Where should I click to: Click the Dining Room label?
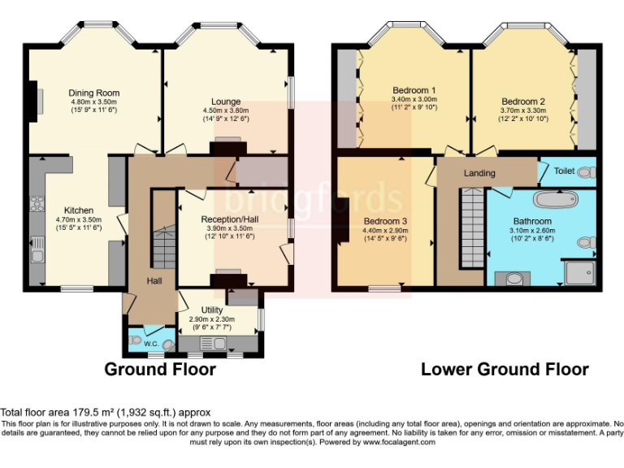pyautogui.click(x=94, y=93)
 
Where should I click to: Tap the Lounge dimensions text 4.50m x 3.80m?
pyautogui.click(x=226, y=110)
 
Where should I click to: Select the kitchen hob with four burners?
pyautogui.click(x=37, y=204)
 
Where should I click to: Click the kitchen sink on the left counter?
pyautogui.click(x=37, y=249)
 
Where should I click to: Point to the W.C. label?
pyautogui.click(x=151, y=344)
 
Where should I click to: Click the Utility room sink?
pyautogui.click(x=213, y=343)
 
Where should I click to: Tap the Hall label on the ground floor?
pyautogui.click(x=154, y=281)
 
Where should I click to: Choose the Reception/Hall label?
pyautogui.click(x=230, y=219)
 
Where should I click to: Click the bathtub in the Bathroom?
pyautogui.click(x=555, y=199)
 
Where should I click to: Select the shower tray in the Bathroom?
pyautogui.click(x=580, y=273)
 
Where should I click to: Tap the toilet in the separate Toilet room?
pyautogui.click(x=587, y=172)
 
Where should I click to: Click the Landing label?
pyautogui.click(x=479, y=173)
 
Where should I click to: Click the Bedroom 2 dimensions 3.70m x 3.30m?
pyautogui.click(x=523, y=110)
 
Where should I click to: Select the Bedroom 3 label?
pyautogui.click(x=385, y=221)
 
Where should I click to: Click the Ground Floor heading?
pyautogui.click(x=160, y=370)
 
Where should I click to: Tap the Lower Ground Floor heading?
pyautogui.click(x=505, y=370)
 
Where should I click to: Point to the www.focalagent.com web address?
pyautogui.click(x=399, y=442)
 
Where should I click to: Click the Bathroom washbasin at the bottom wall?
pyautogui.click(x=513, y=278)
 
